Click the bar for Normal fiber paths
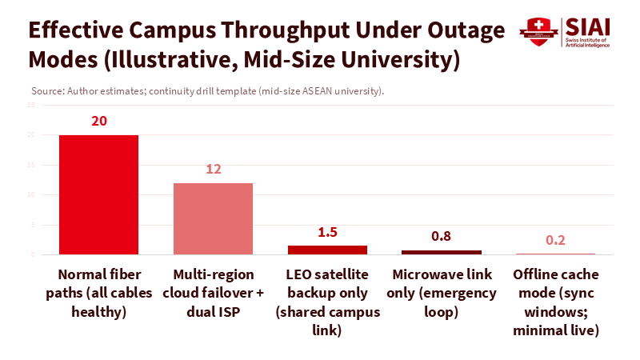[98, 194]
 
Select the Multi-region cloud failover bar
[213, 218]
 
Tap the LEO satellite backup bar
[327, 250]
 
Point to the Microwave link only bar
[441, 252]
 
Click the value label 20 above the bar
[99, 122]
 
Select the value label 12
[213, 170]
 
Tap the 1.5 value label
[327, 233]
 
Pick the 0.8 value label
[441, 237]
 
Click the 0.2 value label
[555, 241]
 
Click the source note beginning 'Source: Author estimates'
[207, 90]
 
